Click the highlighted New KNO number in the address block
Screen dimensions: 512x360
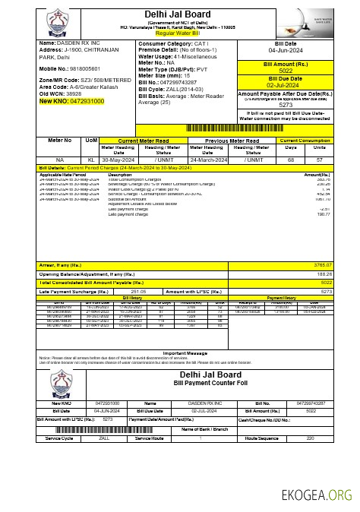pyautogui.click(x=70, y=101)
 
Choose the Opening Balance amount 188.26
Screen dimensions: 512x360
pyautogui.click(x=322, y=273)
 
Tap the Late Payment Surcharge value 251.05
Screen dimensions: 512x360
pyautogui.click(x=138, y=291)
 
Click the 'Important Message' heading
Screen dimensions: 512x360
pyautogui.click(x=185, y=353)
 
